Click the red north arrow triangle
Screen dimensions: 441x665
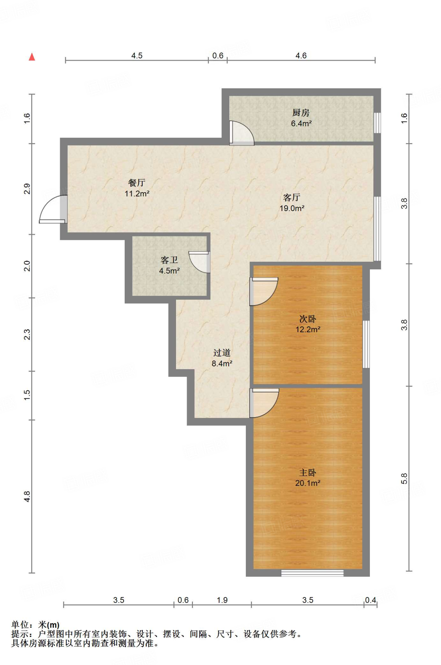coord(32,57)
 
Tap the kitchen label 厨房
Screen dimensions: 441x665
coord(301,113)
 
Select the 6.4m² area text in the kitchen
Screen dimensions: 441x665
coord(301,123)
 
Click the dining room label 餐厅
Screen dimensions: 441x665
coord(137,183)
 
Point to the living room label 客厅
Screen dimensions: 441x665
coord(292,197)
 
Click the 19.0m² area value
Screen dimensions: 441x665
coord(292,208)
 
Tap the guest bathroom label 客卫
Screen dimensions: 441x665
coord(169,260)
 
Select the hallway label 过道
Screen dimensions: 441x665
coord(222,353)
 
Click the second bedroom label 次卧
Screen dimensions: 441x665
coord(308,319)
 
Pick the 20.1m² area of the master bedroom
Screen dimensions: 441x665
coord(308,483)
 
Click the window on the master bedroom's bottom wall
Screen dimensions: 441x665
coord(312,573)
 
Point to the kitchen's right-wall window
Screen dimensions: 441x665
coord(377,123)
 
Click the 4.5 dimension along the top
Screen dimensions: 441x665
coord(137,56)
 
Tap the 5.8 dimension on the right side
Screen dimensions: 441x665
coord(404,478)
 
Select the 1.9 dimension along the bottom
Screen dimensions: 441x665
coord(222,600)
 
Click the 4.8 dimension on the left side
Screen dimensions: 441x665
coord(27,496)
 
